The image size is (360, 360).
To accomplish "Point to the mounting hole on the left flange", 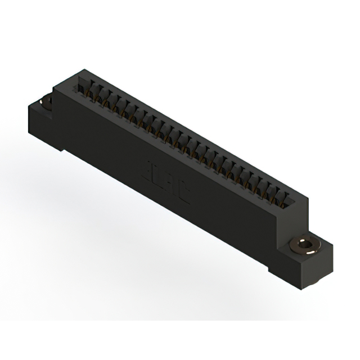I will pyautogui.click(x=46, y=102).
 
